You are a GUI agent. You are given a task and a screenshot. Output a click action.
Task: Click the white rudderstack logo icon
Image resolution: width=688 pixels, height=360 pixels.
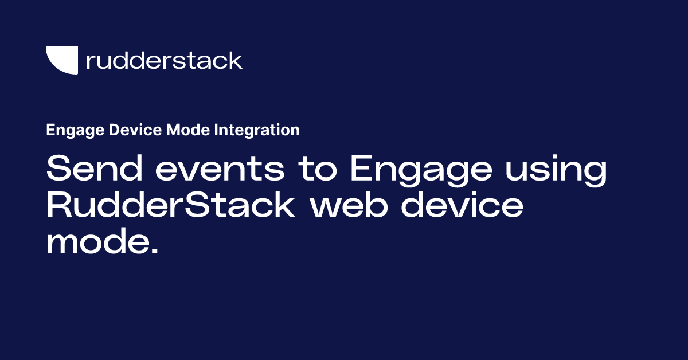tap(61, 60)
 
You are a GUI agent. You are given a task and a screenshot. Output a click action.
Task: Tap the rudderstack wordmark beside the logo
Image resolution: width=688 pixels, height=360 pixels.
tap(164, 60)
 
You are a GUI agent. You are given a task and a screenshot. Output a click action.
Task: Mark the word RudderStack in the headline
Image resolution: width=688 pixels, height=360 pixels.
tap(170, 206)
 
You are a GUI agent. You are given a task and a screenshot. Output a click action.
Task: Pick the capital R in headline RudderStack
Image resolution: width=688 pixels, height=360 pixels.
tap(59, 206)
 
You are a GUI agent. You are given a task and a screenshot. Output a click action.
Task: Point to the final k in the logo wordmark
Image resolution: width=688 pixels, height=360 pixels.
tap(236, 60)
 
